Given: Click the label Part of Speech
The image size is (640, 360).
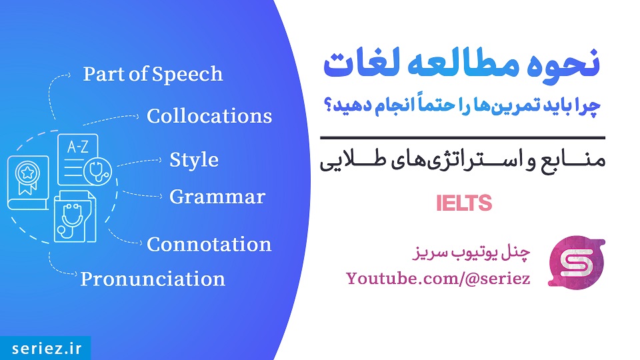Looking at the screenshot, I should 153,74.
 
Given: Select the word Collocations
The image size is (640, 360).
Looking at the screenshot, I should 209,116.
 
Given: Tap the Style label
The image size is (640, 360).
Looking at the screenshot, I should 194,160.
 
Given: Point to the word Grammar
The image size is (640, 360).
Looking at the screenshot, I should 217,197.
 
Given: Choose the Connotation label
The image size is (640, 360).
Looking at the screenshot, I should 209,245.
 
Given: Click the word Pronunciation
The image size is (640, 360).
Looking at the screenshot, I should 153,279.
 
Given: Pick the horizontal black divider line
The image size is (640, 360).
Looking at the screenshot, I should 463,138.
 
